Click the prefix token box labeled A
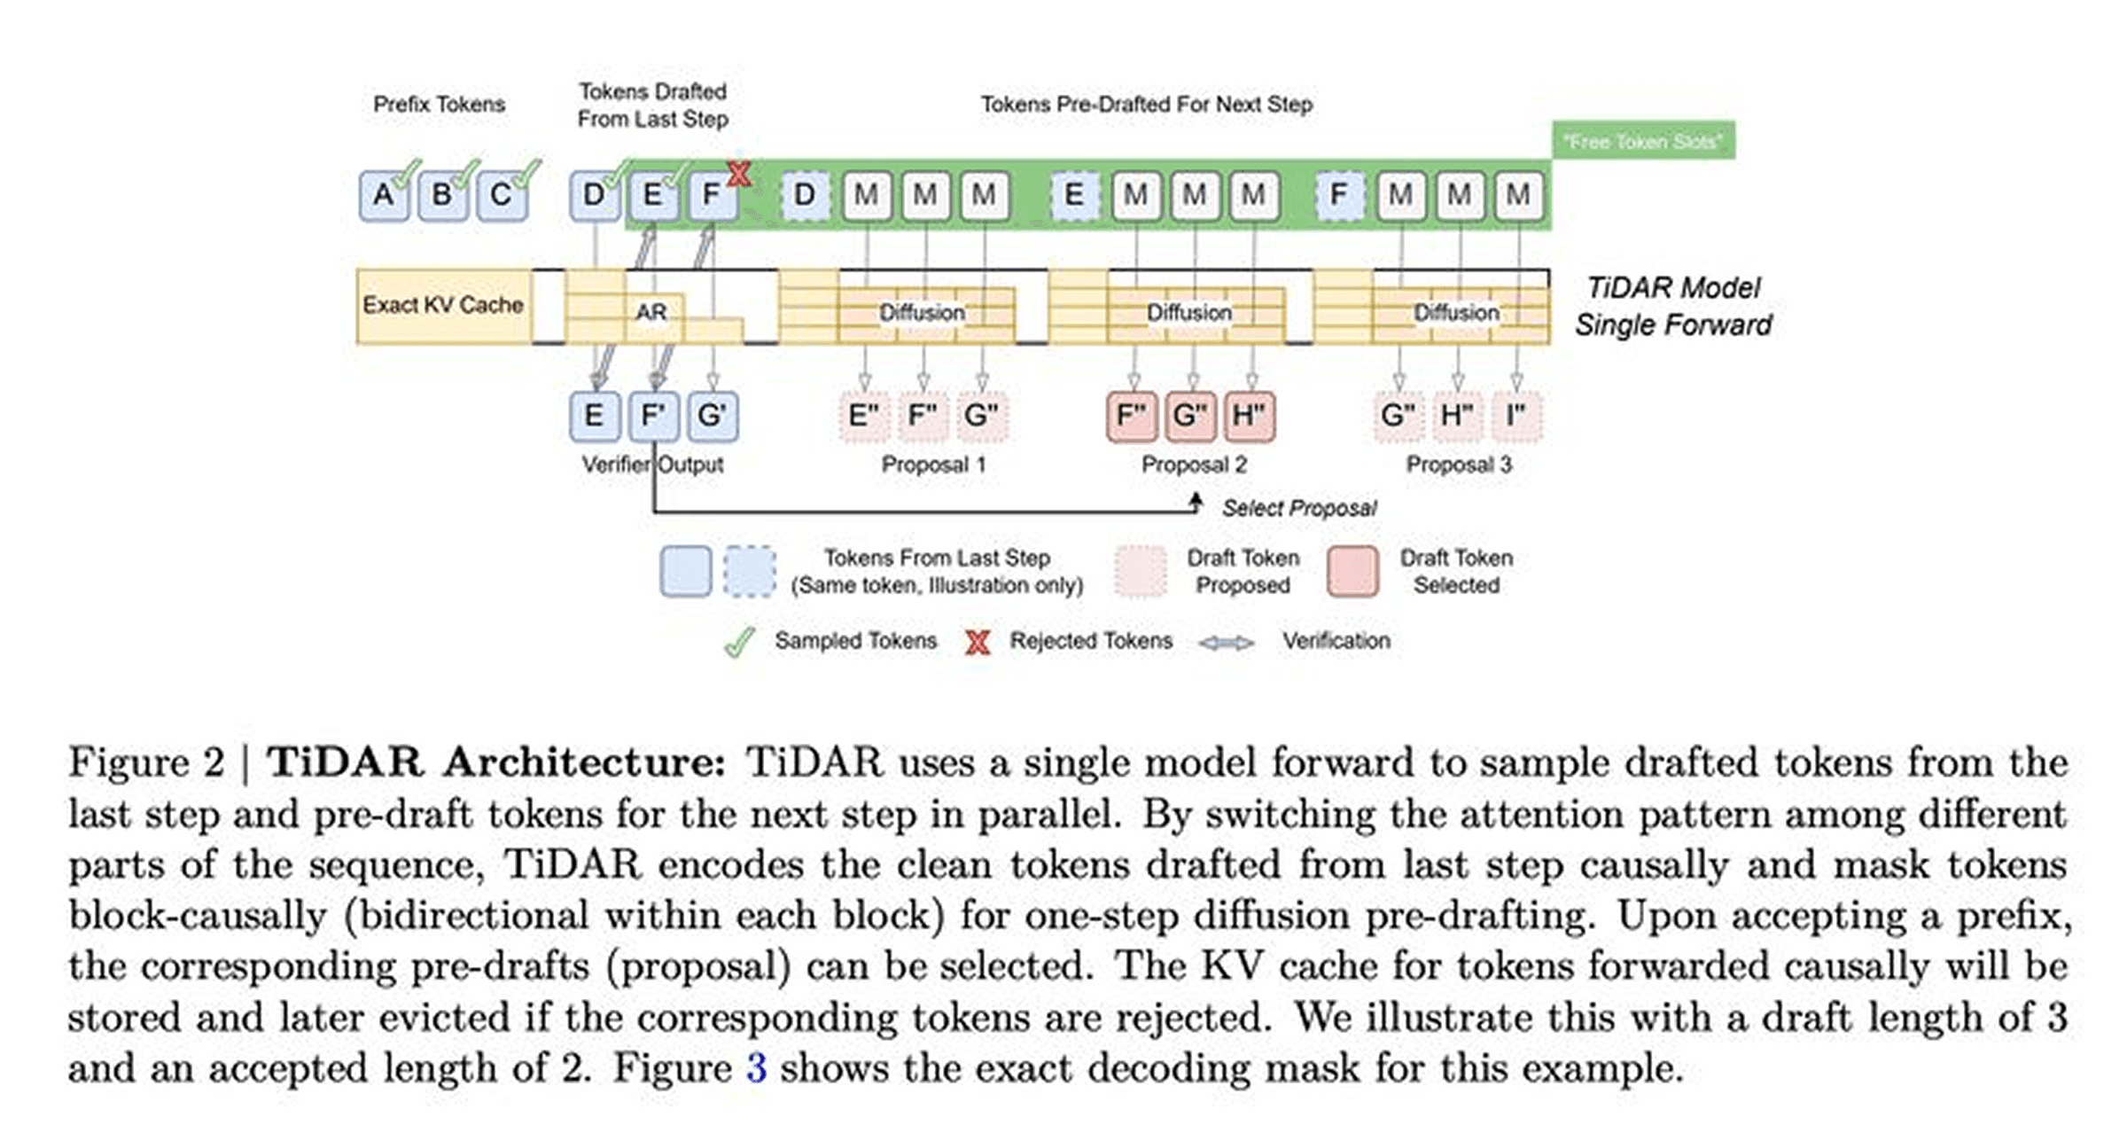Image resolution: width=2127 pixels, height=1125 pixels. (383, 195)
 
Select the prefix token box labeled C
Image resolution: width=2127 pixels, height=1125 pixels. (501, 195)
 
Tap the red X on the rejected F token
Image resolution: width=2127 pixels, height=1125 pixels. (738, 174)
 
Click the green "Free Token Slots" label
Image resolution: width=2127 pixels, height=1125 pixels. (1643, 141)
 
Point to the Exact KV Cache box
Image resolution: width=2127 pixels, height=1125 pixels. (443, 305)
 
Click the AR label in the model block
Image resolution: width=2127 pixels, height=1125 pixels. (651, 312)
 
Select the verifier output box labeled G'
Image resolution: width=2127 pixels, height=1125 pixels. (712, 416)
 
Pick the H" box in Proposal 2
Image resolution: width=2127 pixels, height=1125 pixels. (1249, 416)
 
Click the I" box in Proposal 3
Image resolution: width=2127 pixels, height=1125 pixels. (1515, 416)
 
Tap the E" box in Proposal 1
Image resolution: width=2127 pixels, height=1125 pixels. (864, 416)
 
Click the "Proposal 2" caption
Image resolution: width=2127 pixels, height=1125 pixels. (1194, 465)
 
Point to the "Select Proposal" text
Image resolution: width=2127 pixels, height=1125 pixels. (1299, 508)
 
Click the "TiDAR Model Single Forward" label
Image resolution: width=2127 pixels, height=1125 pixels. (1673, 306)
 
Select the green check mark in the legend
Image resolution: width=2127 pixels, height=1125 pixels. (739, 642)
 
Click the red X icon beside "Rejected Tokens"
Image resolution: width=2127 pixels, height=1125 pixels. (978, 642)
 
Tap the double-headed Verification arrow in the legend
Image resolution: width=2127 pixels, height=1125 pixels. (1227, 643)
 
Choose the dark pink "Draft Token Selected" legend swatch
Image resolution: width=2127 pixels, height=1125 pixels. (1352, 571)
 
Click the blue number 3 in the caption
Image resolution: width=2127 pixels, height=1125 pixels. (756, 1067)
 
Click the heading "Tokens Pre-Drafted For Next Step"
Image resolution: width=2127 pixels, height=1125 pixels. (1146, 105)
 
